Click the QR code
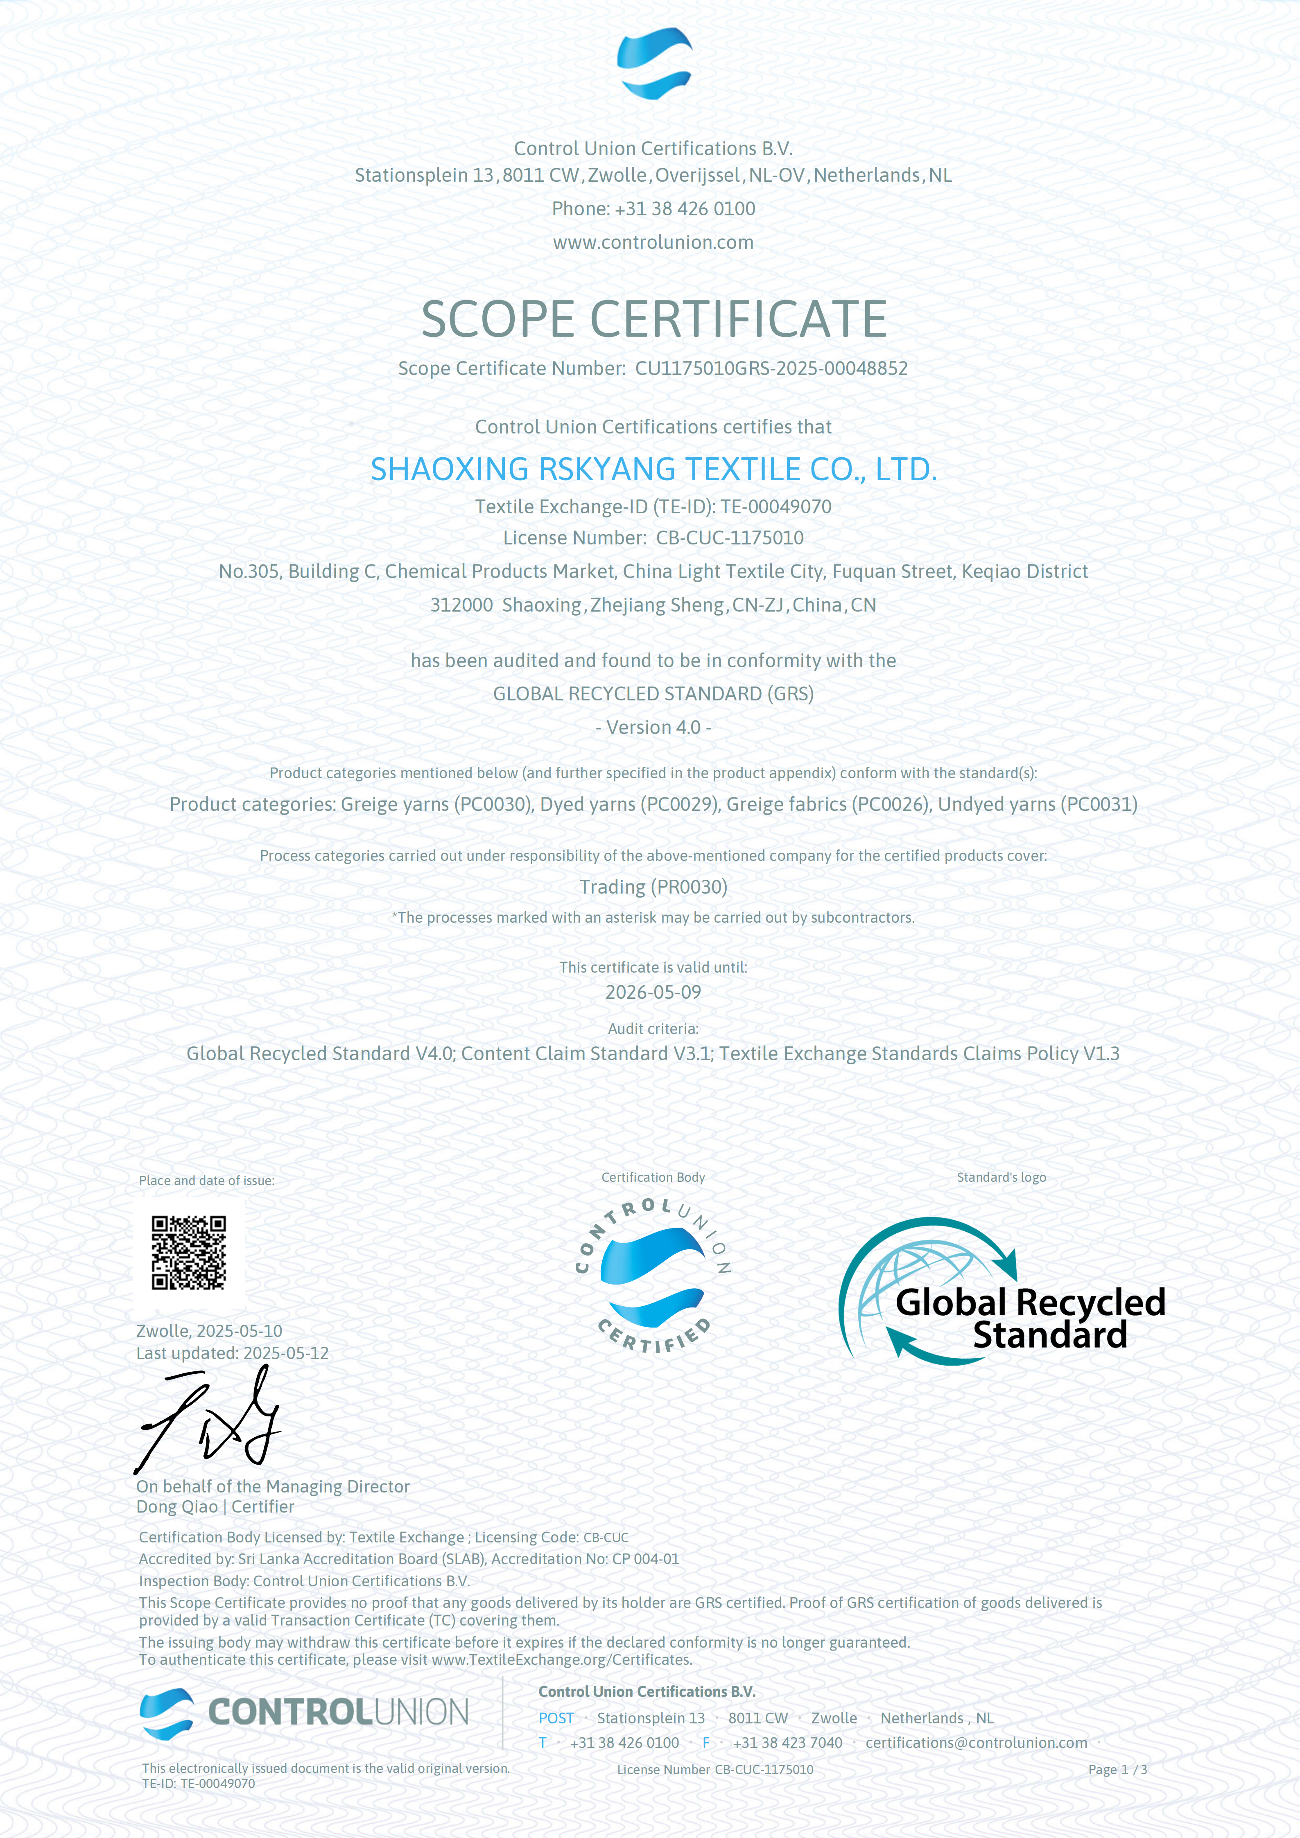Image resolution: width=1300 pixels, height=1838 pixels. tap(189, 1253)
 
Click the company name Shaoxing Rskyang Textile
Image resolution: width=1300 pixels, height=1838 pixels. tap(653, 469)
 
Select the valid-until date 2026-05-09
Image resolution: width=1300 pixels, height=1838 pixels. tap(653, 992)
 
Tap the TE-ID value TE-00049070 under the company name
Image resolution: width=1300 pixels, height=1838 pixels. tap(775, 507)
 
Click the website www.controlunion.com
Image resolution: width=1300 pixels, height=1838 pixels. tap(653, 242)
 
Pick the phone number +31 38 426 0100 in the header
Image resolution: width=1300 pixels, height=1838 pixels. tap(685, 209)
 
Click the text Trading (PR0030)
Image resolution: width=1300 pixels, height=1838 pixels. tap(653, 887)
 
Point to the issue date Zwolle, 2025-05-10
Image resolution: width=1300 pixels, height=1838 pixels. tap(209, 1330)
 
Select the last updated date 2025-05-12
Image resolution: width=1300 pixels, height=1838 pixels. tap(286, 1353)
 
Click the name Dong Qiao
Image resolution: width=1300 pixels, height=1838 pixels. tap(177, 1506)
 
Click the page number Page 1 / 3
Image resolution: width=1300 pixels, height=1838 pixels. tap(1117, 1769)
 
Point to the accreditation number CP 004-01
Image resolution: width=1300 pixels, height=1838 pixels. tap(645, 1559)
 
